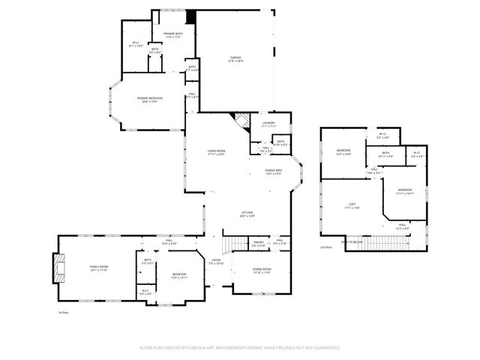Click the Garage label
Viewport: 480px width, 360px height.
pos(235,58)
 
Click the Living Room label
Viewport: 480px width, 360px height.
pos(217,152)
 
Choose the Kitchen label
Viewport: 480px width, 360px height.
pos(247,214)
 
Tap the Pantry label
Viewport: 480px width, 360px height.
pos(257,243)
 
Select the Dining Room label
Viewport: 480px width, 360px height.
pos(262,270)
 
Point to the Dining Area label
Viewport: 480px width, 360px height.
pos(274,172)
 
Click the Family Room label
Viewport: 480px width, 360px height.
pos(100,268)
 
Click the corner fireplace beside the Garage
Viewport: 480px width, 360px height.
pos(242,121)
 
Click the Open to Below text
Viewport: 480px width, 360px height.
pos(352,242)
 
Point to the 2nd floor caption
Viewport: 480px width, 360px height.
pos(325,247)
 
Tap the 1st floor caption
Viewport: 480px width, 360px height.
pos(64,312)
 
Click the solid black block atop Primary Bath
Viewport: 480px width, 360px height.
pos(190,16)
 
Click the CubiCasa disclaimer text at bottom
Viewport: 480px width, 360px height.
pos(240,347)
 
